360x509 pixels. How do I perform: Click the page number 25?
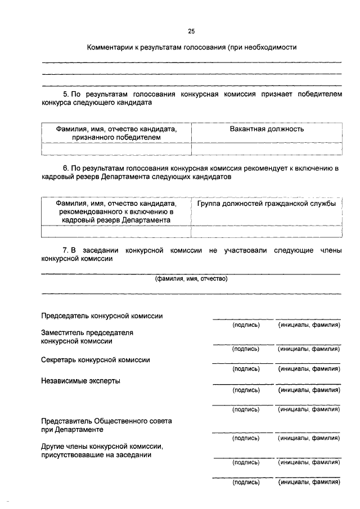pos(192,31)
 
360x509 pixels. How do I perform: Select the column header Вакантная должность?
pos(267,129)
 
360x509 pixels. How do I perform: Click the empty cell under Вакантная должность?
pos(267,148)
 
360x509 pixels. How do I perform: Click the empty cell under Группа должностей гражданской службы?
pos(267,232)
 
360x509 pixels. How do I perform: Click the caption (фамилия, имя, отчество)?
pos(191,278)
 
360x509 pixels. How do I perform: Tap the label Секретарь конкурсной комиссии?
pos(96,359)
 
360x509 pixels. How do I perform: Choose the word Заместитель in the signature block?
pos(64,332)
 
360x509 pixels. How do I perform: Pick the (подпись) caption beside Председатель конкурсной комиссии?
pos(246,326)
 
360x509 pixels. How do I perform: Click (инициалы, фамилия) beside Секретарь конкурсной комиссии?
pos(309,369)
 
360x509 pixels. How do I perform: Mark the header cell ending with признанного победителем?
pos(116,133)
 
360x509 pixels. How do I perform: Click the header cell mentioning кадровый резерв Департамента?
pos(116,212)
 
